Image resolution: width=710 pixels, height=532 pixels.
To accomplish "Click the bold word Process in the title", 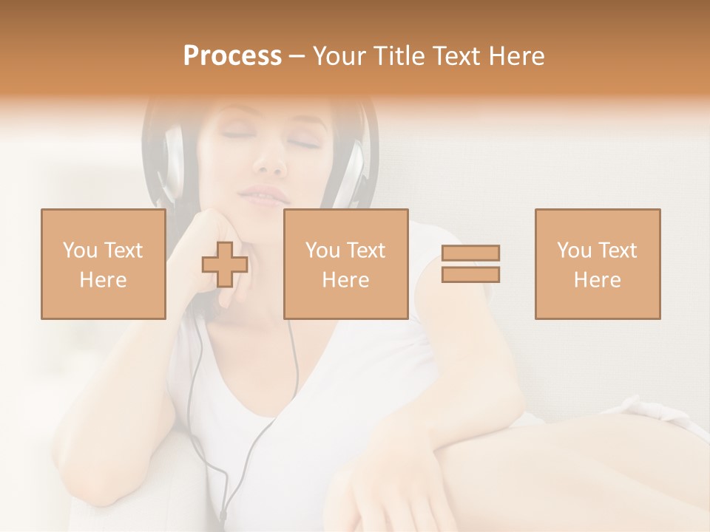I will (x=232, y=56).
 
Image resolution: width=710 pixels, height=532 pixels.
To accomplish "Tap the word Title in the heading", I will (x=400, y=56).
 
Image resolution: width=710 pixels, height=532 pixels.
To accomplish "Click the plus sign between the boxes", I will (x=225, y=265).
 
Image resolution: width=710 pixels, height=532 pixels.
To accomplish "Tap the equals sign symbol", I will (x=470, y=264).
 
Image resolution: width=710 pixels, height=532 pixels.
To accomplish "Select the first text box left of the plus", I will (x=103, y=264).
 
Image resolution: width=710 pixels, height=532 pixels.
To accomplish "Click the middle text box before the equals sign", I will (x=345, y=264).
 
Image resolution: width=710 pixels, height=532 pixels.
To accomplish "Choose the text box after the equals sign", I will (x=597, y=264).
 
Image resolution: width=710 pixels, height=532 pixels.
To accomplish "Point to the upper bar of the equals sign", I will (x=470, y=253).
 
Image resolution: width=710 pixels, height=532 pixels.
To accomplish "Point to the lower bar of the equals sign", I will (x=470, y=274).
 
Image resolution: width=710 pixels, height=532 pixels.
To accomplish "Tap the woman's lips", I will (x=263, y=196).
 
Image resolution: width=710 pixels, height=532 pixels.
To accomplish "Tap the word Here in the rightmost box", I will (x=597, y=280).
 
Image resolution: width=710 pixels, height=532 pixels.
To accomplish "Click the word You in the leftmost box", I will (x=79, y=250).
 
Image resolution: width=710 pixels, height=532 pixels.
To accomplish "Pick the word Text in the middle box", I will (x=365, y=250).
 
